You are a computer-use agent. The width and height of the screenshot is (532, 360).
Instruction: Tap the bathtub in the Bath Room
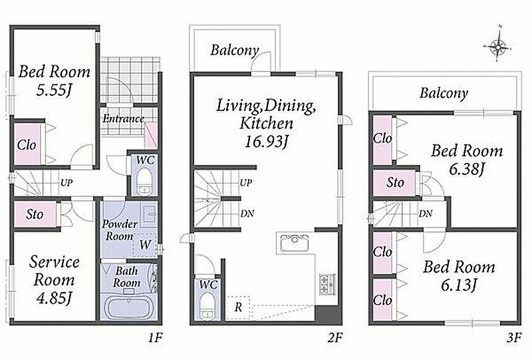pyautogui.click(x=129, y=307)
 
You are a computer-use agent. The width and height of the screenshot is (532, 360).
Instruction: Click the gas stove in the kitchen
pyautogui.click(x=327, y=284)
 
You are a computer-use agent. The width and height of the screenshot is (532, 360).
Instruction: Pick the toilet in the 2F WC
pyautogui.click(x=206, y=305)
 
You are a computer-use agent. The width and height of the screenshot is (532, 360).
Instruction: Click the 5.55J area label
pyautogui.click(x=55, y=91)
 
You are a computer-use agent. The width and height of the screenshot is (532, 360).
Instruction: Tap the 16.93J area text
pyautogui.click(x=267, y=142)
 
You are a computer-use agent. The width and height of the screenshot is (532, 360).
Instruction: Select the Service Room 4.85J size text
pyautogui.click(x=55, y=299)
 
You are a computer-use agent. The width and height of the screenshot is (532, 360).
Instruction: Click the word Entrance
pyautogui.click(x=124, y=119)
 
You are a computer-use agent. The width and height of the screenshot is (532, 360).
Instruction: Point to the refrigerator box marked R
pyautogui.click(x=239, y=307)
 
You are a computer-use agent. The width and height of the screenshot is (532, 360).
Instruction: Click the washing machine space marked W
pyautogui.click(x=145, y=244)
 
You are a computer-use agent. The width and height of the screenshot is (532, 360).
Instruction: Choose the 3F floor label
pyautogui.click(x=513, y=338)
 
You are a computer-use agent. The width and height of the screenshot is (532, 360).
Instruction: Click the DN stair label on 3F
pyautogui.click(x=426, y=214)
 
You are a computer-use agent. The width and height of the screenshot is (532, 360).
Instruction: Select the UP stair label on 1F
pyautogui.click(x=66, y=183)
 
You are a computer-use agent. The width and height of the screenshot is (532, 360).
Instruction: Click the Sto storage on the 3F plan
pyautogui.click(x=394, y=183)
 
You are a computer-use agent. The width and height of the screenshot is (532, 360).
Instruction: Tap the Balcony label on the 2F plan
pyautogui.click(x=235, y=51)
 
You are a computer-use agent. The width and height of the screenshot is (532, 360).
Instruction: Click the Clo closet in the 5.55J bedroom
pyautogui.click(x=27, y=144)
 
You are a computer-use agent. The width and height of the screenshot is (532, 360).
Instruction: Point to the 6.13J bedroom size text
pyautogui.click(x=459, y=286)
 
